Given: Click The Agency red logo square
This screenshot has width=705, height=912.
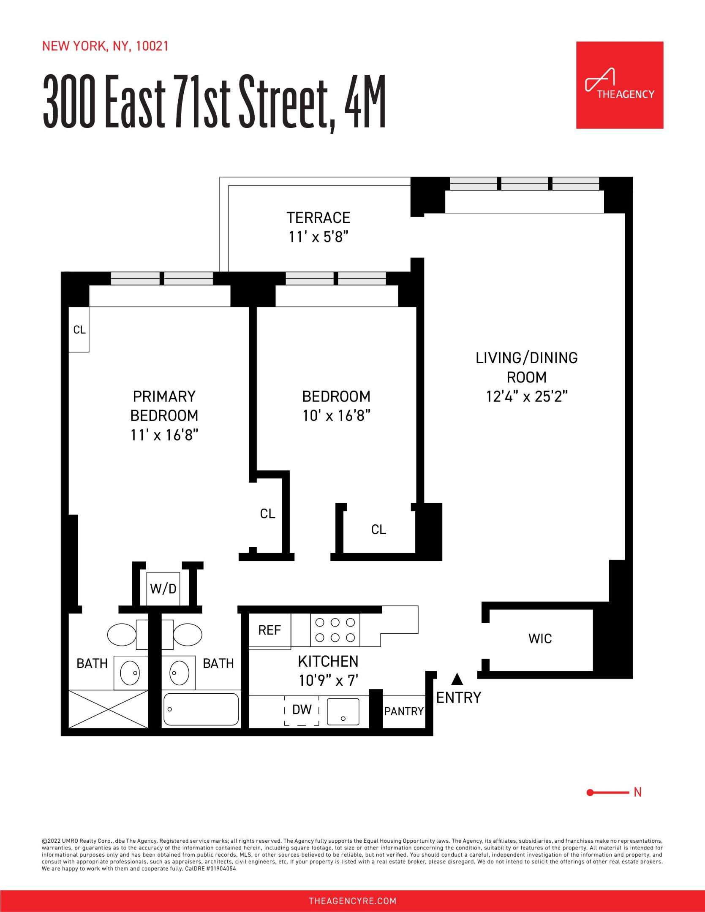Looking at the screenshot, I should (619, 85).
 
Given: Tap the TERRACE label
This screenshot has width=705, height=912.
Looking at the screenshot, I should (318, 218).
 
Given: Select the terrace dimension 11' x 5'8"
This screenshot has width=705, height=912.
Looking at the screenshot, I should (318, 237).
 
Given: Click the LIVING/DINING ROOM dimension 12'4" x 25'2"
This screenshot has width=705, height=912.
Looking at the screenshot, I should (526, 396).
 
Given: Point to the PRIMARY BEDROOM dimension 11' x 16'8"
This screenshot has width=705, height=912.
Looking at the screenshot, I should (164, 435).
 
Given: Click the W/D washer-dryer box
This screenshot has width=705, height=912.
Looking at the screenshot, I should (163, 589).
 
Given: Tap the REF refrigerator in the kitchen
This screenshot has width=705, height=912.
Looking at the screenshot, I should (269, 630).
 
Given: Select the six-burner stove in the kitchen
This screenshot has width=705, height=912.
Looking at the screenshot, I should (335, 630).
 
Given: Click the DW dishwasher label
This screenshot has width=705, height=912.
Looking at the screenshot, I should (302, 710).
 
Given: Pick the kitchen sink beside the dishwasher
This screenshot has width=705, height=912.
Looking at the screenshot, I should (343, 712).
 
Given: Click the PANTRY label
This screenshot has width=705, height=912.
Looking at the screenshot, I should (403, 711).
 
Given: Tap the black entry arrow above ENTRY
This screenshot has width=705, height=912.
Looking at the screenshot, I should (457, 679).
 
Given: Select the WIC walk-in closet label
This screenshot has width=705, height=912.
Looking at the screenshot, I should (540, 638).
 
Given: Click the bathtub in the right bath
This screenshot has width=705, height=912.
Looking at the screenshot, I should (201, 709).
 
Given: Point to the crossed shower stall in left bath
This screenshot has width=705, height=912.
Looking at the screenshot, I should (108, 709).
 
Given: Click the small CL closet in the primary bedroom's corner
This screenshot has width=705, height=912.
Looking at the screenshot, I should (79, 329).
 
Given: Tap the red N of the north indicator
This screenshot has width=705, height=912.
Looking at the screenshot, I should (637, 793).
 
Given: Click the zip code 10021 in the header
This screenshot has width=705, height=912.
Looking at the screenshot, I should (152, 46).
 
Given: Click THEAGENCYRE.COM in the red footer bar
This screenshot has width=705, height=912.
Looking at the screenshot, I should (352, 901).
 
